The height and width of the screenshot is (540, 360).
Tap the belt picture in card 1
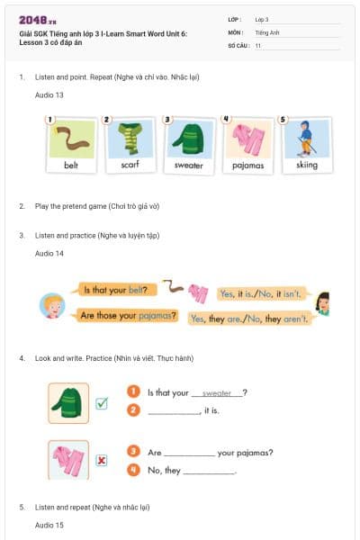click(x=71, y=139)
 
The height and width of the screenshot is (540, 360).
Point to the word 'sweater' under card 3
click(x=188, y=166)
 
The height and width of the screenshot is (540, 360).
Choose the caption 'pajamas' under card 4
click(x=247, y=166)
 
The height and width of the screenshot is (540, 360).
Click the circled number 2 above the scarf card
click(x=106, y=119)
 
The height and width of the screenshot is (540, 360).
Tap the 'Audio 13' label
click(x=49, y=94)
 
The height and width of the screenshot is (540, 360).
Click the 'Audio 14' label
click(x=49, y=254)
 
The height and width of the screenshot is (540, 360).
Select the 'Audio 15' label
click(x=49, y=524)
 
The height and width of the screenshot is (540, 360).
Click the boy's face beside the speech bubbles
click(x=52, y=305)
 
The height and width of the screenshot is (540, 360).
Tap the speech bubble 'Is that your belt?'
click(x=114, y=290)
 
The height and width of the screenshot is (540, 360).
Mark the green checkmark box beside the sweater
click(x=102, y=403)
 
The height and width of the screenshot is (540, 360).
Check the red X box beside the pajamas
click(x=102, y=460)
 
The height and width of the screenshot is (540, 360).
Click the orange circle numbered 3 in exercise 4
click(x=133, y=451)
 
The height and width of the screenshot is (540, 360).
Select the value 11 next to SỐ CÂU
click(x=258, y=45)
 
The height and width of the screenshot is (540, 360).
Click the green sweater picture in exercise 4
click(x=68, y=402)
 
